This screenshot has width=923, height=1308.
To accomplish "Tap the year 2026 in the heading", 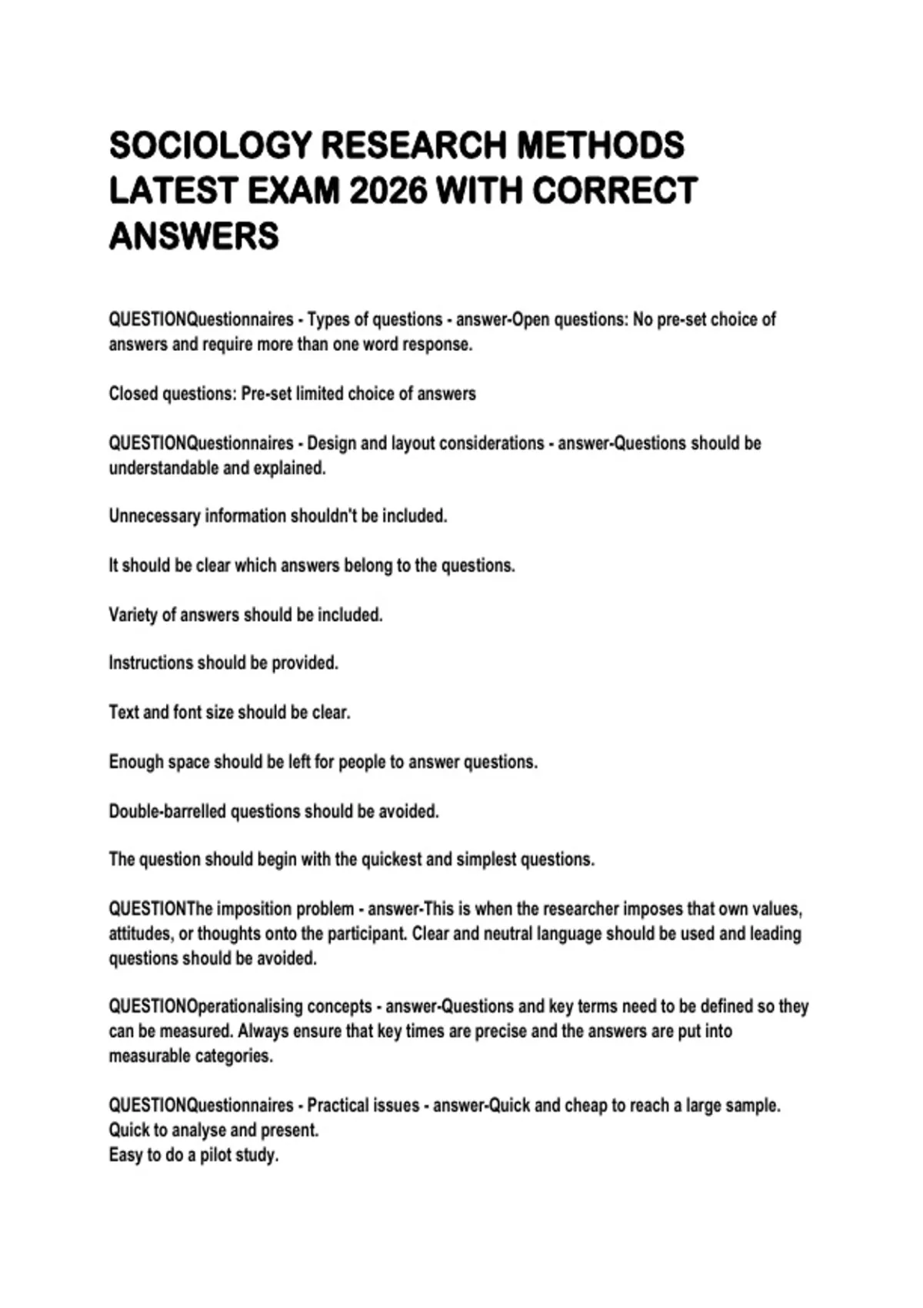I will tap(388, 191).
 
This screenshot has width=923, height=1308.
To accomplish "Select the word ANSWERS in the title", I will tap(194, 236).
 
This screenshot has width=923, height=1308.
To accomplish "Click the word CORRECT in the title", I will tap(615, 191).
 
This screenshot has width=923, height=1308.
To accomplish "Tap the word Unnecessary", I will tap(154, 516).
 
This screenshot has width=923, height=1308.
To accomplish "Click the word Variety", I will tap(132, 616).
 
